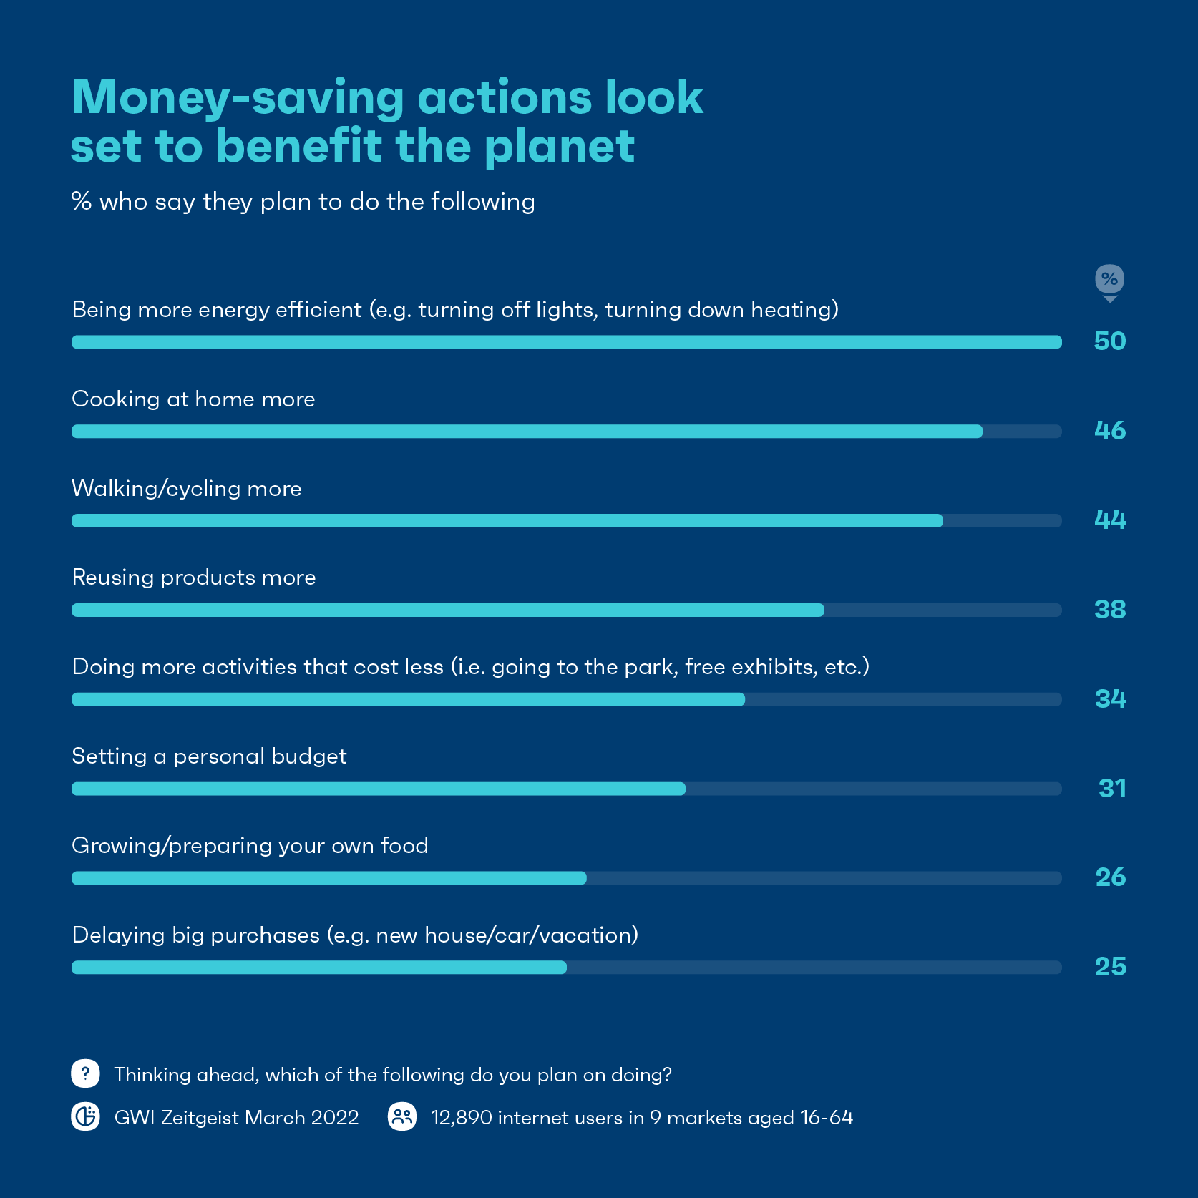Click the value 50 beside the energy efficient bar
[x=1109, y=341]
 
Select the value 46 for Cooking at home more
[x=1109, y=431]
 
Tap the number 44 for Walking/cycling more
[x=1109, y=520]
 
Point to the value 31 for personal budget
[x=1111, y=789]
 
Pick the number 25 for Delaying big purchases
[x=1110, y=967]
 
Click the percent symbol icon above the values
[x=1109, y=279]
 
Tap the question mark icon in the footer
[x=85, y=1073]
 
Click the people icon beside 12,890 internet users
[x=402, y=1116]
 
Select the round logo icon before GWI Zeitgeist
[x=85, y=1116]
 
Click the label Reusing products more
[x=193, y=578]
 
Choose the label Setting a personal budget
[x=209, y=756]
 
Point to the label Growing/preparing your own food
[x=250, y=846]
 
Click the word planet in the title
[x=559, y=147]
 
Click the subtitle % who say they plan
[x=303, y=202]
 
